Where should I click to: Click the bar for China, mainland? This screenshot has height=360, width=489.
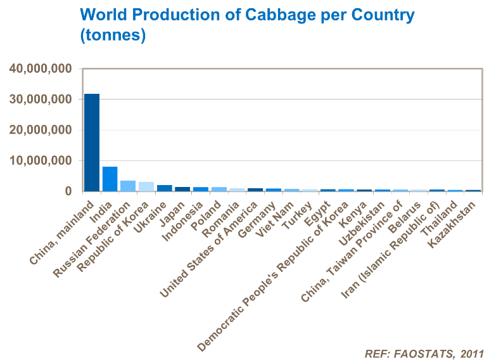pos(92,143)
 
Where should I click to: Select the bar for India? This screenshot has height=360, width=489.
pos(110,179)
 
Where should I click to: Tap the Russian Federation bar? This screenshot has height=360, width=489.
pos(128,186)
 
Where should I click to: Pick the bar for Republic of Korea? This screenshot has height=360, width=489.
pos(146,186)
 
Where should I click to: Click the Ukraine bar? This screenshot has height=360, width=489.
pos(164,188)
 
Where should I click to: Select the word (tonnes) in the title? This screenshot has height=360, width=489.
pos(113,35)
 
